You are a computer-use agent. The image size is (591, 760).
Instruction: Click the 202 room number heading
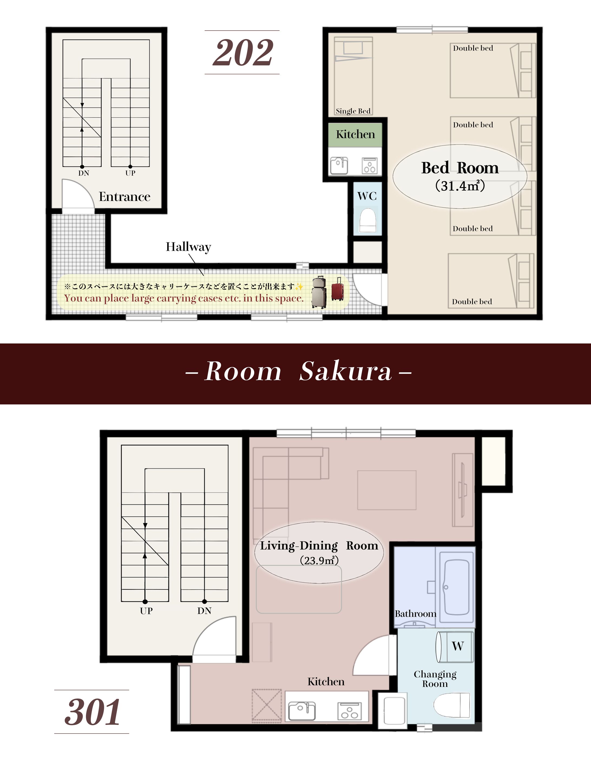pyautogui.click(x=243, y=52)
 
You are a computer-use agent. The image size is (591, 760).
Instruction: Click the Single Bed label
pyautogui.click(x=353, y=111)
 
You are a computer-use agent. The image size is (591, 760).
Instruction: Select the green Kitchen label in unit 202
pyautogui.click(x=355, y=134)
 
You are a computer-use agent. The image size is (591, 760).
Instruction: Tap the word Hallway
pyautogui.click(x=188, y=247)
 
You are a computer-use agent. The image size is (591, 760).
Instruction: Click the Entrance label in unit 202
pyautogui.click(x=124, y=197)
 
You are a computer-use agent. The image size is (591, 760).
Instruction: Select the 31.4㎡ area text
pyautogui.click(x=460, y=186)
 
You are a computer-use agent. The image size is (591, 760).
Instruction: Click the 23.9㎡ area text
pyautogui.click(x=319, y=560)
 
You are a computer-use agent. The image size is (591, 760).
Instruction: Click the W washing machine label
pyautogui.click(x=458, y=646)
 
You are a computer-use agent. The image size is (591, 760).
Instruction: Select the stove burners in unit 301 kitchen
pyautogui.click(x=349, y=711)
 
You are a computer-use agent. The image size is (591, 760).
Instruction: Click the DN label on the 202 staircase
pyautogui.click(x=83, y=173)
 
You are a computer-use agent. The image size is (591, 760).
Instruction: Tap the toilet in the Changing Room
pyautogui.click(x=452, y=705)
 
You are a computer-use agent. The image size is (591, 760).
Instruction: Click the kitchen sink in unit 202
pyautogui.click(x=339, y=165)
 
